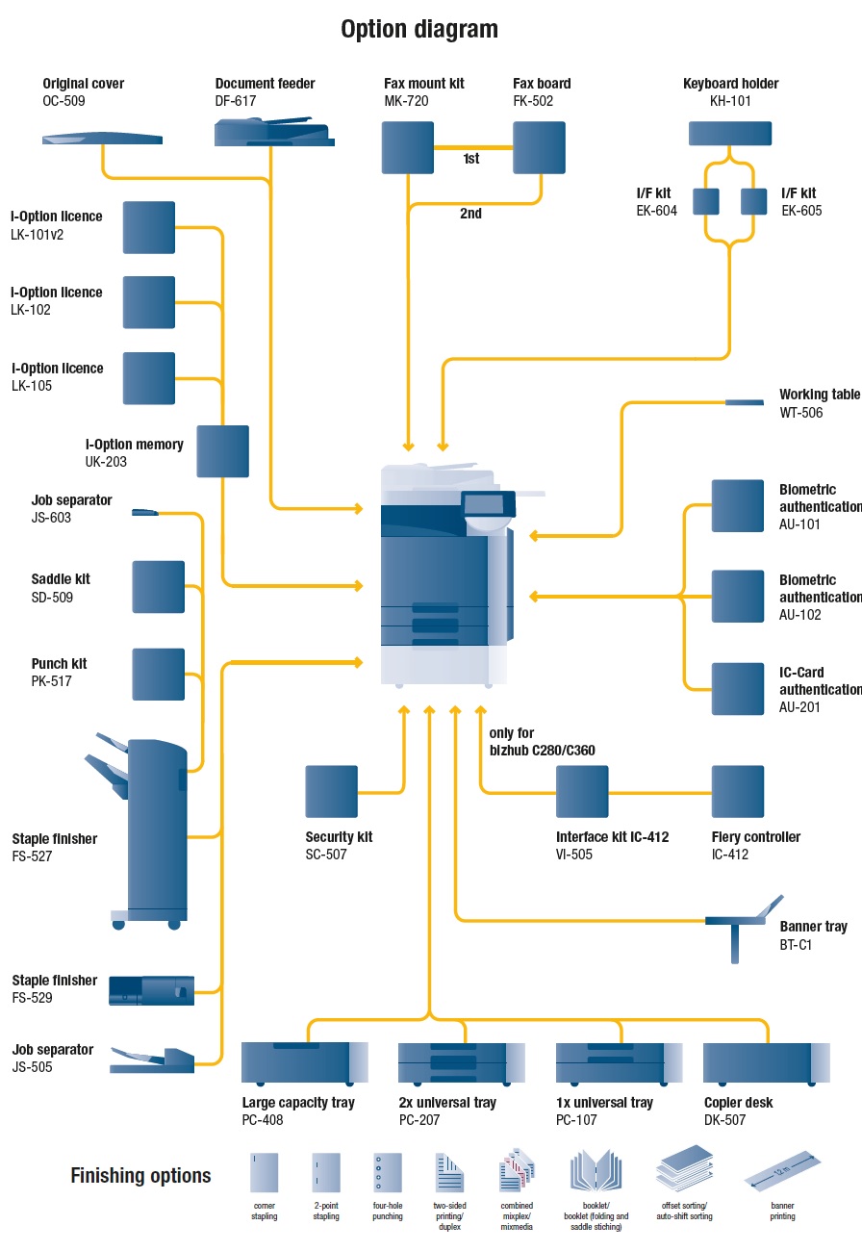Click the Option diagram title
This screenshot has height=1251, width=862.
click(419, 30)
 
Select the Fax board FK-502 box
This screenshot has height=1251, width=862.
click(539, 146)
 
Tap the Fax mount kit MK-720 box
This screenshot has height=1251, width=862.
click(409, 146)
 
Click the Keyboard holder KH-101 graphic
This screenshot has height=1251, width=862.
click(730, 133)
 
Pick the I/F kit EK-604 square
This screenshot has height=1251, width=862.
click(706, 201)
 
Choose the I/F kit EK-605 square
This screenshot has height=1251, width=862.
click(752, 201)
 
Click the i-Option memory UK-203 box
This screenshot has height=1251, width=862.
click(222, 451)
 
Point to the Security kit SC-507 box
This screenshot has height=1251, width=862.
click(331, 791)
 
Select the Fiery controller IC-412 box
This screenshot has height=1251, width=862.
click(737, 791)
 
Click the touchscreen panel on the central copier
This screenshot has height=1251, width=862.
click(483, 504)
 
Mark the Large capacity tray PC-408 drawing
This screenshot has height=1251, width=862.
click(304, 1062)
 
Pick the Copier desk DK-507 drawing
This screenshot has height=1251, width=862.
click(766, 1062)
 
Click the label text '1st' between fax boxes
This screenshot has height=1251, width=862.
click(471, 159)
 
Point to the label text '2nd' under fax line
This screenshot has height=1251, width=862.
click(470, 214)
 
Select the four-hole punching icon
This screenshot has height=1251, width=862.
click(387, 1173)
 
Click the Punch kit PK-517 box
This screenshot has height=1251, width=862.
click(158, 674)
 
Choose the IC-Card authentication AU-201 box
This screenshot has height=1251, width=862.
click(737, 688)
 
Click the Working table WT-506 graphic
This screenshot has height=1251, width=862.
click(744, 402)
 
